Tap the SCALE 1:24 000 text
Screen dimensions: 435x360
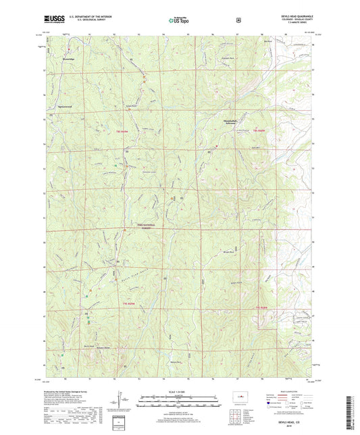180,395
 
